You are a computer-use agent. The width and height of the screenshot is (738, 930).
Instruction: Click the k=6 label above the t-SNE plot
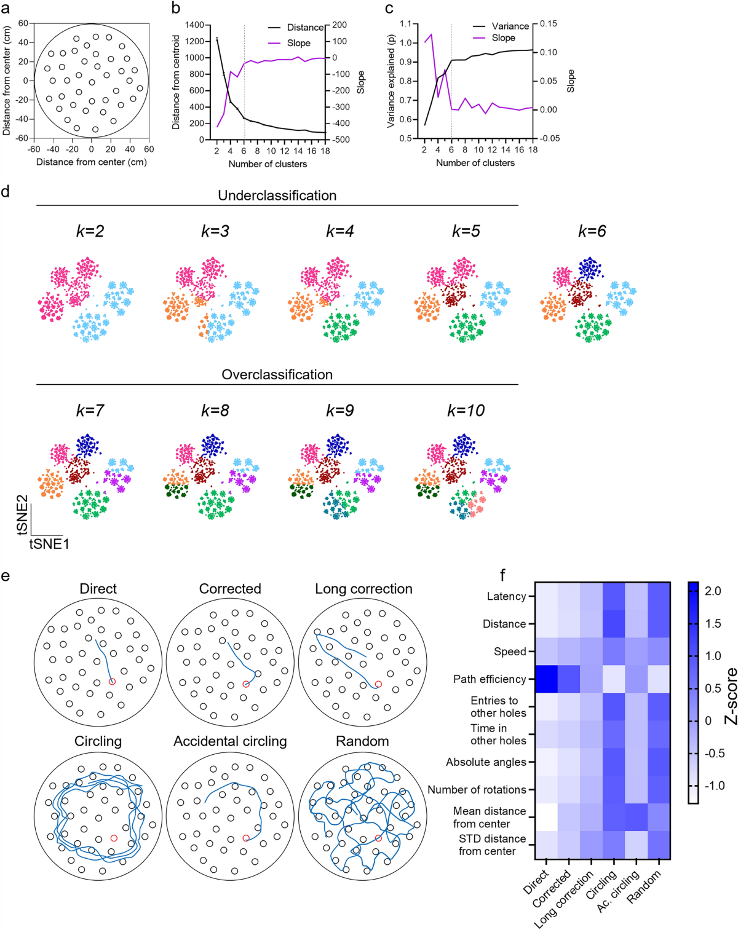click(592, 231)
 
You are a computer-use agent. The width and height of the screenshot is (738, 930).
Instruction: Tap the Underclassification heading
click(277, 195)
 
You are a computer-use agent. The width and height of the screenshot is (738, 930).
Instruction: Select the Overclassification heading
click(277, 374)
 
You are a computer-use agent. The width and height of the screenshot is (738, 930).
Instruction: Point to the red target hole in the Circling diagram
click(113, 838)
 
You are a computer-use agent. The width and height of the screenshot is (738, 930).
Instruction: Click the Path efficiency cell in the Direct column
click(546, 679)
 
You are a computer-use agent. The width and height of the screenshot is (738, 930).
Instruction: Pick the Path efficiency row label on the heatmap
click(490, 679)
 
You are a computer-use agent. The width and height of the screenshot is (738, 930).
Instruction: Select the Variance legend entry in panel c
click(510, 26)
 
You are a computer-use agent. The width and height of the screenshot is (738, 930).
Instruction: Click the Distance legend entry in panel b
click(305, 28)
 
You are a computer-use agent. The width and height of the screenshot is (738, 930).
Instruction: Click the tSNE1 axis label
click(49, 544)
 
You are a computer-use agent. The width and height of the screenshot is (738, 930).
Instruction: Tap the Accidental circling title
click(230, 741)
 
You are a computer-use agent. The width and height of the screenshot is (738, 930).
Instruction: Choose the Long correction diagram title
click(363, 589)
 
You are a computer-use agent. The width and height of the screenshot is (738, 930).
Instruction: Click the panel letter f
click(502, 575)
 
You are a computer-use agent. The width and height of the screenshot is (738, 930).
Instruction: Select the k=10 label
click(466, 411)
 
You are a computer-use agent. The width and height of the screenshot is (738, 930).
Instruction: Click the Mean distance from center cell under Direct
click(546, 817)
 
